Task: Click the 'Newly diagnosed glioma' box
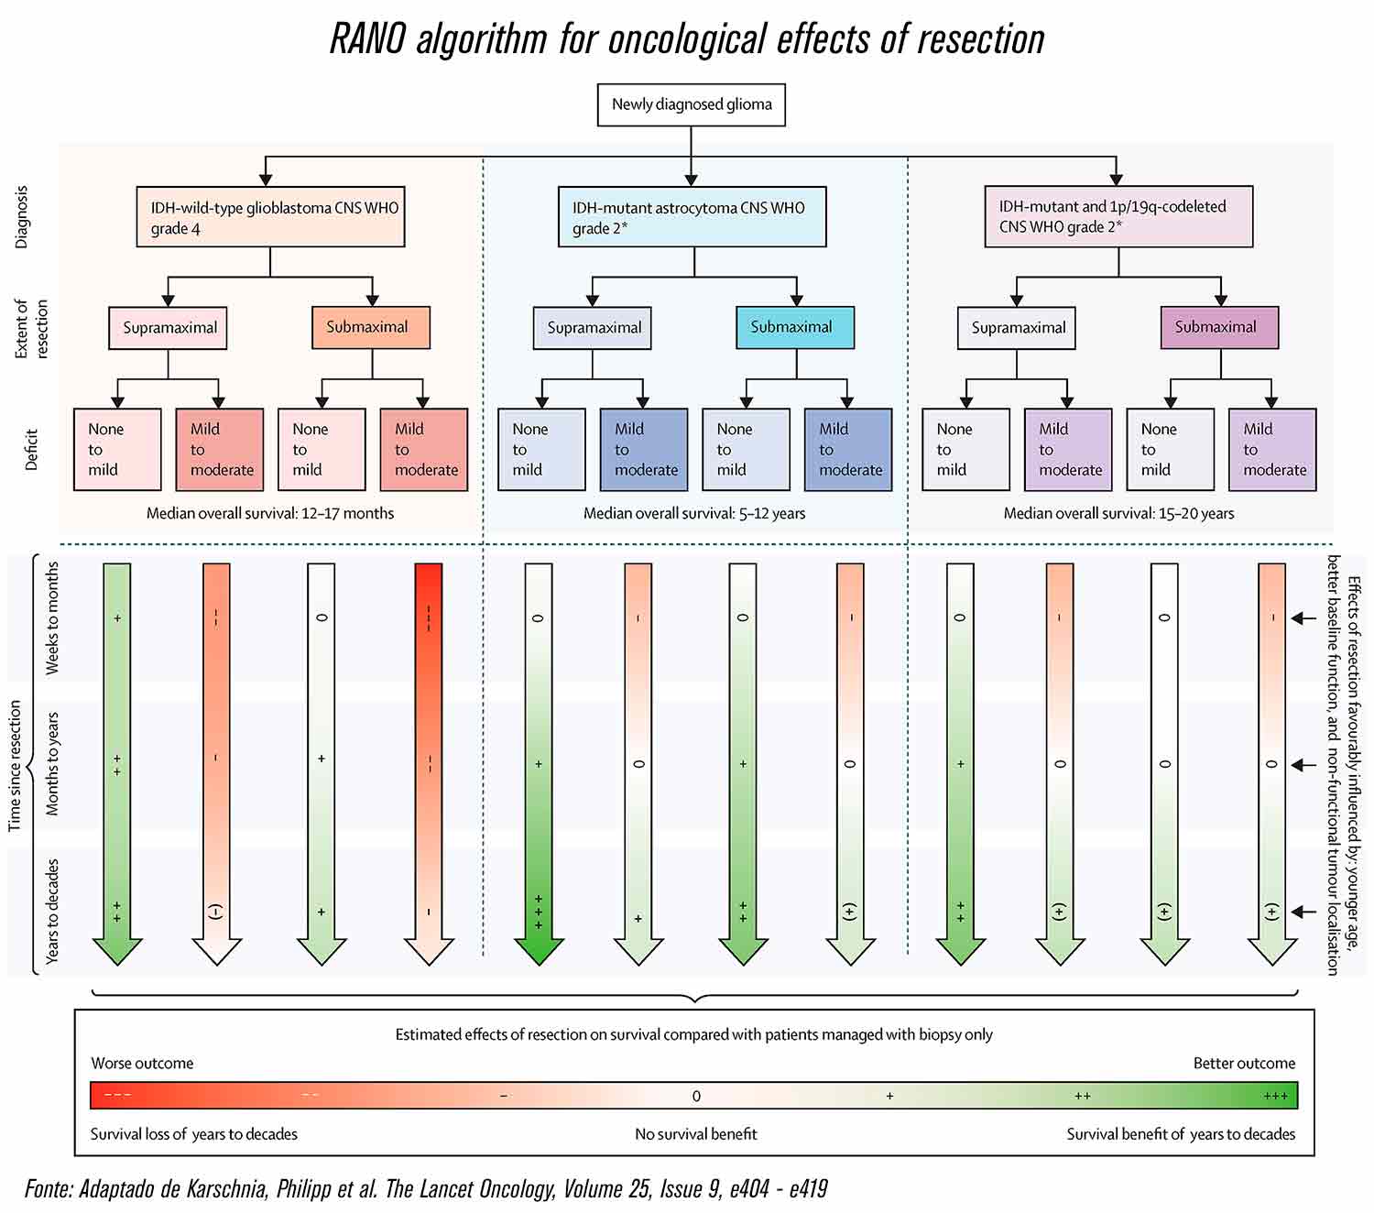(691, 104)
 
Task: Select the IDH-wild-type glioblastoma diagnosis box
(270, 217)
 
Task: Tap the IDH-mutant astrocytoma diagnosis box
(692, 217)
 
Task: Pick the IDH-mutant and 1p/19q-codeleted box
(1118, 217)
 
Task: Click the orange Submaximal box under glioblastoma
(370, 327)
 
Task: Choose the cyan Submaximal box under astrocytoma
(794, 327)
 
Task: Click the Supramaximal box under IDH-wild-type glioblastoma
(168, 328)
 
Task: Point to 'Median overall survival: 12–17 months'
(270, 513)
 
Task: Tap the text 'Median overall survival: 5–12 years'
(694, 513)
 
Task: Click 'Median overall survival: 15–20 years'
(1118, 513)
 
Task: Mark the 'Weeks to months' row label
(52, 618)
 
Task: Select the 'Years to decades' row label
(52, 911)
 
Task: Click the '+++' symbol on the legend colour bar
(1275, 1096)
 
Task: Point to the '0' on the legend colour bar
(696, 1096)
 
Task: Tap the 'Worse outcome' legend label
(142, 1064)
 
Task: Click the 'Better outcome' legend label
(1244, 1064)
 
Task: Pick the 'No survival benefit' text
(696, 1134)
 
